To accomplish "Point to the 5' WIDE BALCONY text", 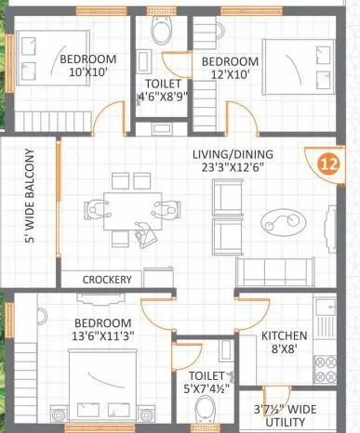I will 31,196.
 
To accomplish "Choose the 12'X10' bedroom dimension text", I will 223,77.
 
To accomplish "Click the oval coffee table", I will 279,220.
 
